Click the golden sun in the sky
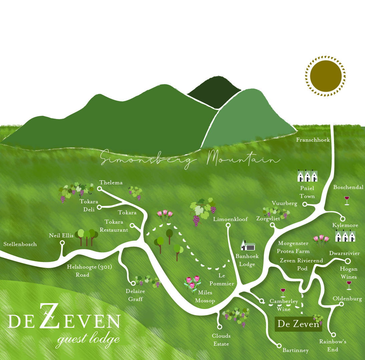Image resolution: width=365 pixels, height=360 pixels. point(325,76)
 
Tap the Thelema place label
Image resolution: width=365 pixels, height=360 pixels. point(111,183)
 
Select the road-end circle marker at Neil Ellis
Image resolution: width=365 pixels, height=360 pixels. point(62,243)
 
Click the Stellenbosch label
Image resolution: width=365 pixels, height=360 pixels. point(20,244)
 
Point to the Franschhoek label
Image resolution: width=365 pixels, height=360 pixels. point(313,140)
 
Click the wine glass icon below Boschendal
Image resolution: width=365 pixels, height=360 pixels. point(347,200)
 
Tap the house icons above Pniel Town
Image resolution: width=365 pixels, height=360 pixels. point(307,176)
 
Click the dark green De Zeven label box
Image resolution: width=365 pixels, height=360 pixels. point(298,324)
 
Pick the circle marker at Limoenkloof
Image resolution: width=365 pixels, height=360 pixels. point(228,225)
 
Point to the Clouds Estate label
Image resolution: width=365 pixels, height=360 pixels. point(221,340)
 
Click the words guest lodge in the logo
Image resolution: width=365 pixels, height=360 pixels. point(88,339)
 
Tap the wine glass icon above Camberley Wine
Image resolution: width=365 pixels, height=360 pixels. point(283,293)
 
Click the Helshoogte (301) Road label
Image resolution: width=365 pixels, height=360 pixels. point(89,271)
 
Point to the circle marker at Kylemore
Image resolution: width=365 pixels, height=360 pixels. point(343,219)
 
